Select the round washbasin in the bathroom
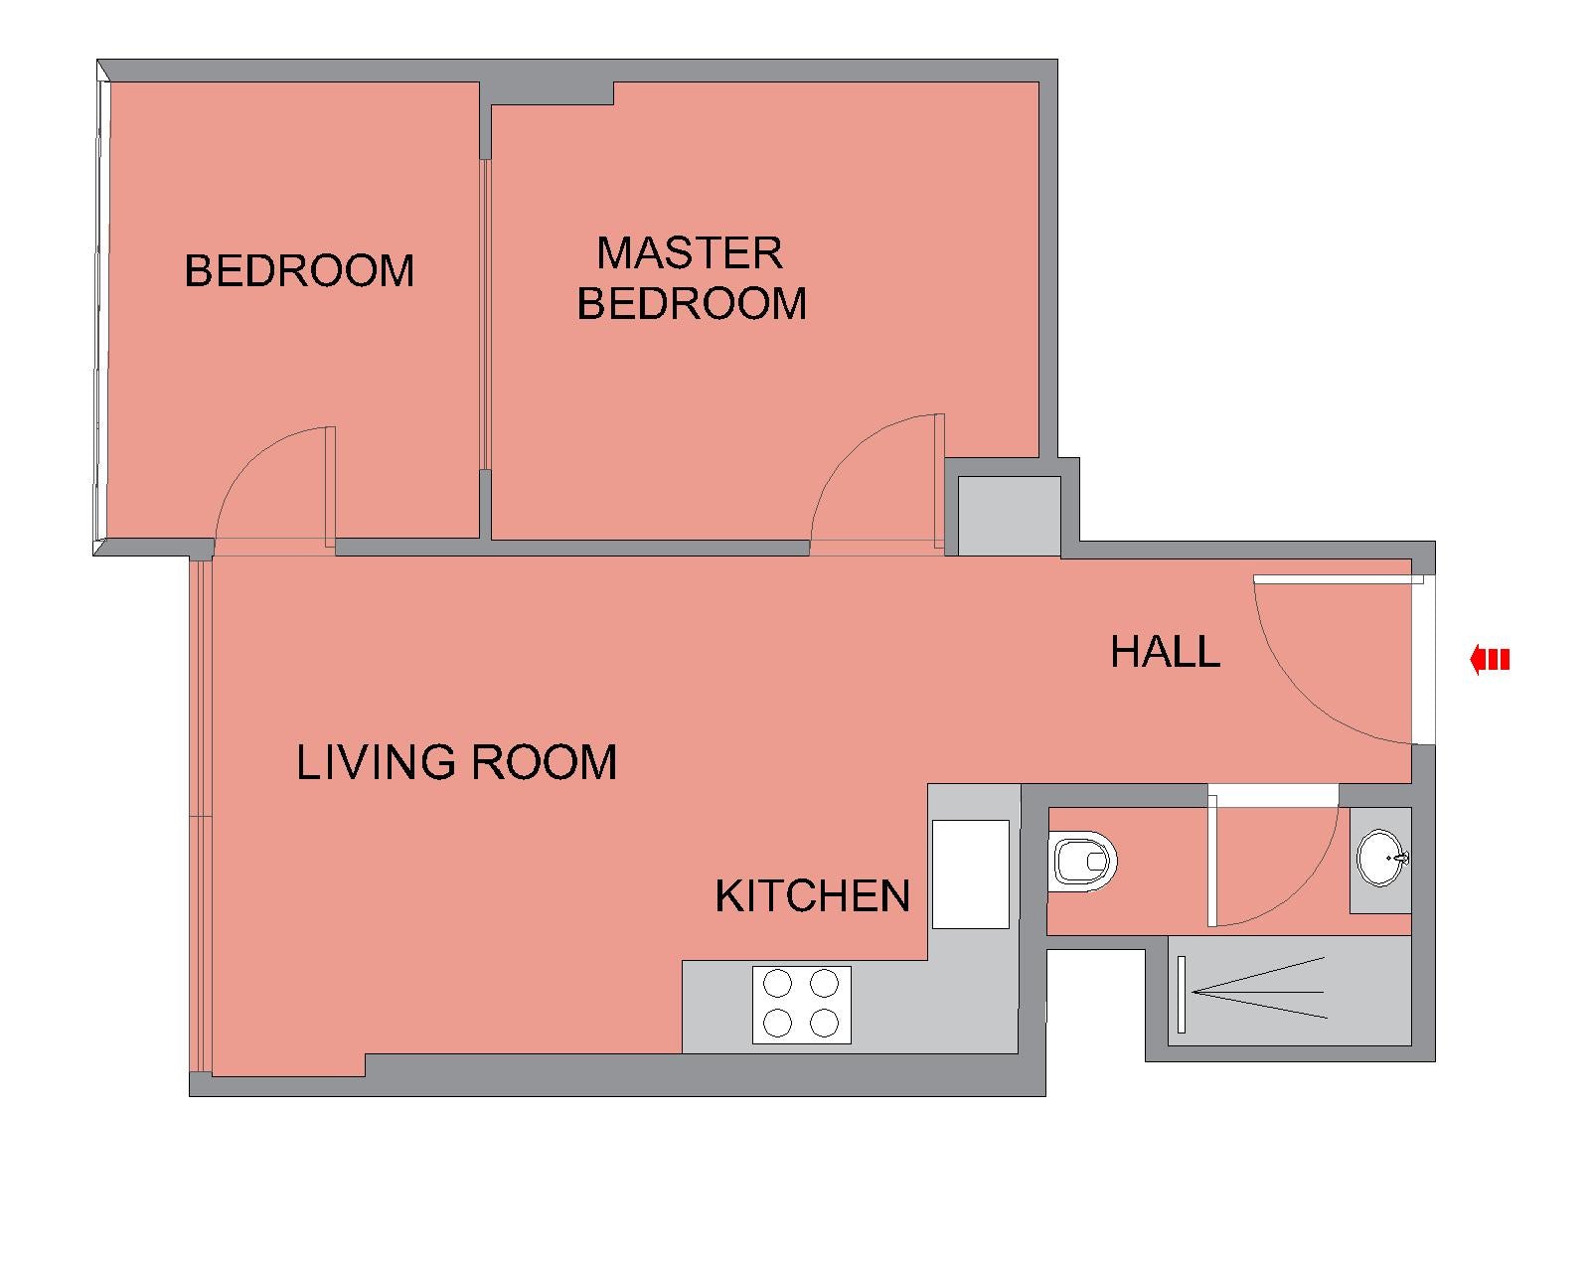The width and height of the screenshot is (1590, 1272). coord(1382,858)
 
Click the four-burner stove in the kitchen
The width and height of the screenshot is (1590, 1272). coord(802,1005)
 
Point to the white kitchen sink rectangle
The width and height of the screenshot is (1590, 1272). coord(970,874)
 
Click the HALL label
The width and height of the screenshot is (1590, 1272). coord(1165,653)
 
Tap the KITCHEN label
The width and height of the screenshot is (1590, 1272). coord(812,896)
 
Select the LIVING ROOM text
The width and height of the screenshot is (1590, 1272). coord(456,762)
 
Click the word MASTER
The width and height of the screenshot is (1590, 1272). coord(690,253)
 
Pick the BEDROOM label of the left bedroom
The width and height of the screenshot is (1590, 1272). coord(299,270)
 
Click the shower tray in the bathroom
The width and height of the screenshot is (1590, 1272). coord(1289,992)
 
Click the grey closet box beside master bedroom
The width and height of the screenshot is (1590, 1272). coord(1010,516)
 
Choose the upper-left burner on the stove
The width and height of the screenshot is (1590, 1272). coord(777,984)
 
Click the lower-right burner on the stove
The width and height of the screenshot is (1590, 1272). coord(824,1024)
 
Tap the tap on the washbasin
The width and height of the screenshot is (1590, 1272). coord(1401,858)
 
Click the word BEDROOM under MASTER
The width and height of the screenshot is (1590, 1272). coord(692,304)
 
